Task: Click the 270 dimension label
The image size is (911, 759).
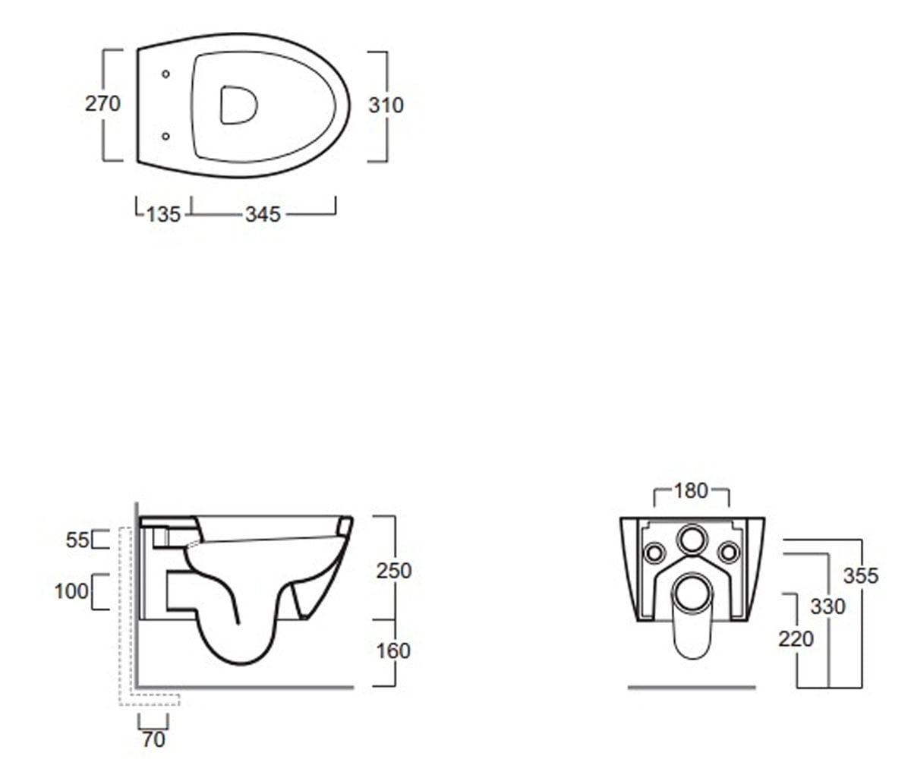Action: click(102, 104)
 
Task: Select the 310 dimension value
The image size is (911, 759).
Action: click(386, 106)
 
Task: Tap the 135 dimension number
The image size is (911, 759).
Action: click(163, 215)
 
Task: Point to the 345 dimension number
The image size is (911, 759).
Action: click(263, 215)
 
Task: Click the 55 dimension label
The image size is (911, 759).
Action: click(77, 540)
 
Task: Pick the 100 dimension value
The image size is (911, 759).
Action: click(71, 591)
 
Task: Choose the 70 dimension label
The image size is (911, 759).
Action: click(153, 739)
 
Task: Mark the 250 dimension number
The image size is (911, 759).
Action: click(394, 571)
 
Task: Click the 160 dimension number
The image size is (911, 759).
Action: click(393, 651)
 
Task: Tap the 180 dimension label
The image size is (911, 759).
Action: click(691, 491)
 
